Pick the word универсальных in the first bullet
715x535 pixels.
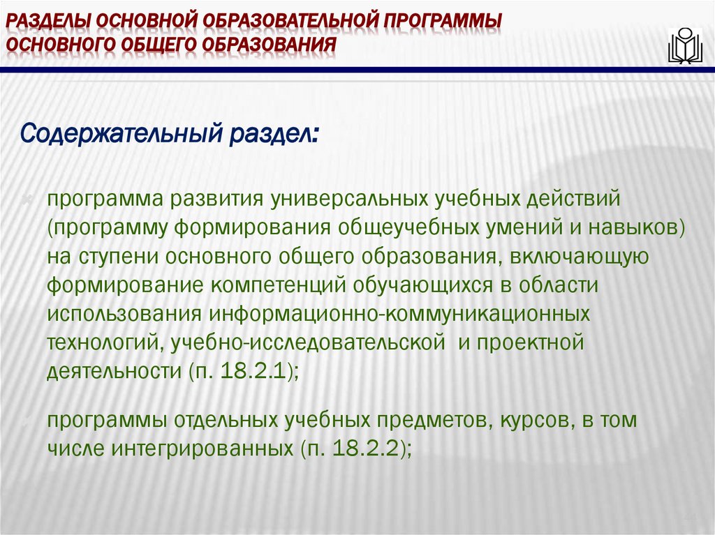tap(341, 199)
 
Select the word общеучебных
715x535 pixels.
tap(415, 227)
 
